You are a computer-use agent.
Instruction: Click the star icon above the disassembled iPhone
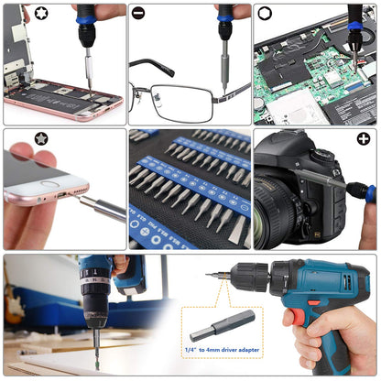[14, 14]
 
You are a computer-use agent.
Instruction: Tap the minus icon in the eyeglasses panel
[138, 14]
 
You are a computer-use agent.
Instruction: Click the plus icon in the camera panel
[364, 139]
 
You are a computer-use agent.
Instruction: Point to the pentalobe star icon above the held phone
[14, 139]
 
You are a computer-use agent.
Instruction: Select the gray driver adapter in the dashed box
[223, 322]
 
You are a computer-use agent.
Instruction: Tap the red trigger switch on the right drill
[290, 316]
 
